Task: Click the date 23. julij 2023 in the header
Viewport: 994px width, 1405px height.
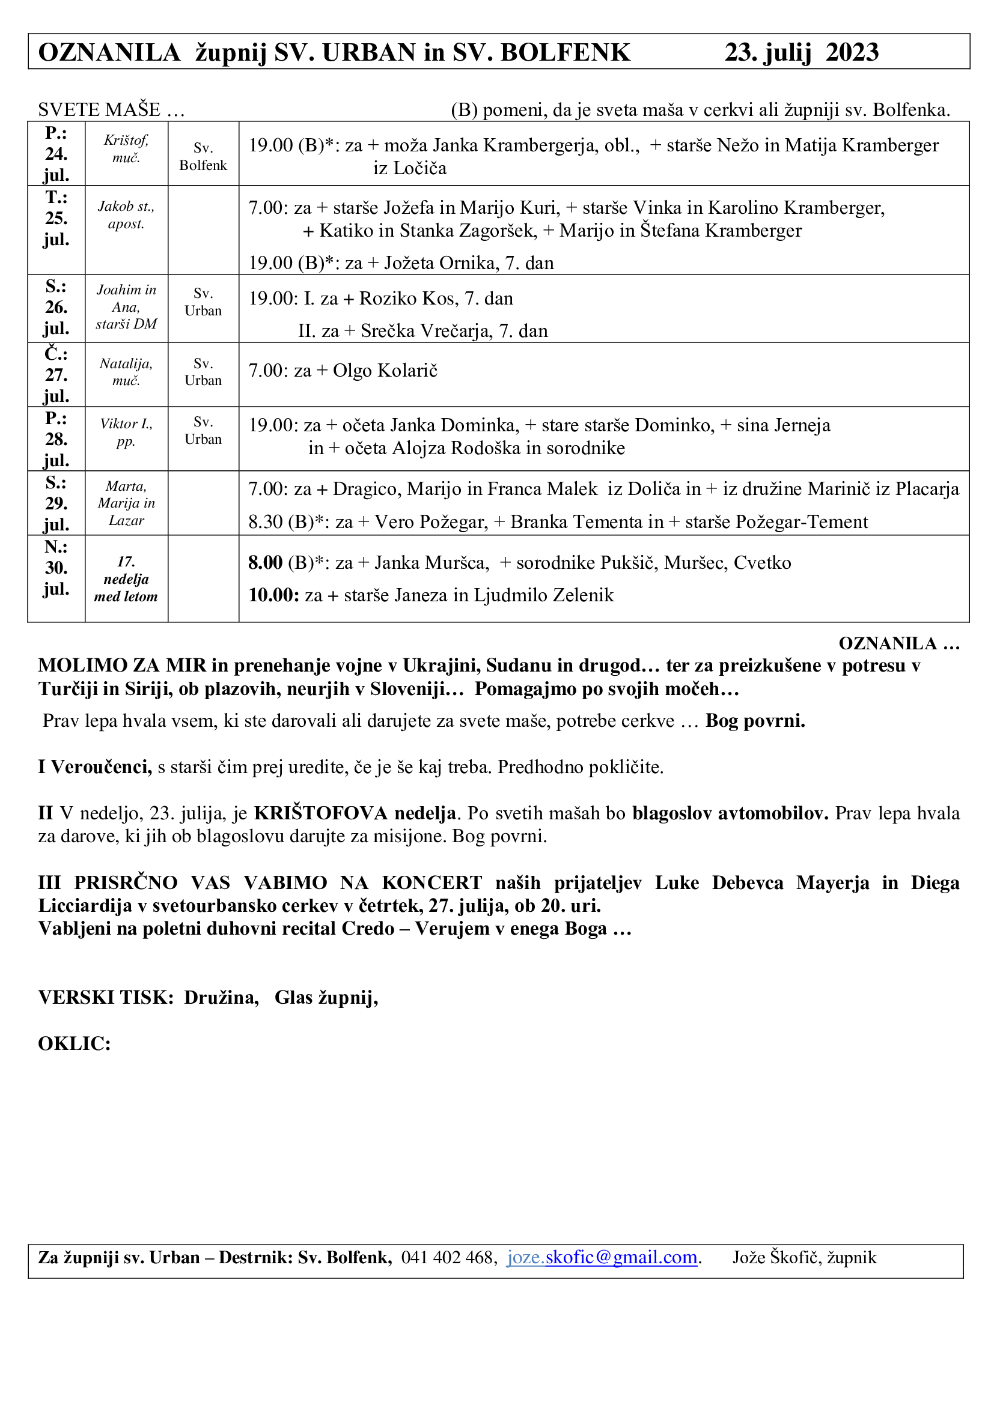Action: click(801, 53)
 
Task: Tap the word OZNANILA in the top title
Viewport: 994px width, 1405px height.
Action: click(109, 53)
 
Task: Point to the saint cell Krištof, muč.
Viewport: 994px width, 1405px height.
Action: click(126, 149)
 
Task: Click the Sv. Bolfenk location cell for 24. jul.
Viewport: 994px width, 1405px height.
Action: click(203, 157)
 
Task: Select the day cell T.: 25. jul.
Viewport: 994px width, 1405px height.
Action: click(56, 219)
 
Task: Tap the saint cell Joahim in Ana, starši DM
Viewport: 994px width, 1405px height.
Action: click(126, 306)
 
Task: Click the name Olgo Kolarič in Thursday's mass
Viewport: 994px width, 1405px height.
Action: click(385, 371)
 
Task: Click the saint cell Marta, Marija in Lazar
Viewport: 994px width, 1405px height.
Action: click(126, 503)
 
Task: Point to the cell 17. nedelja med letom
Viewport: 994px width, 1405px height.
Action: click(126, 579)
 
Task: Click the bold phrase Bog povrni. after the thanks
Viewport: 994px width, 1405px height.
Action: click(755, 721)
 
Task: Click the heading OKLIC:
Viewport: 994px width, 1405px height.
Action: click(74, 1043)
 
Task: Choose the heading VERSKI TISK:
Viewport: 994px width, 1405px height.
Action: click(106, 998)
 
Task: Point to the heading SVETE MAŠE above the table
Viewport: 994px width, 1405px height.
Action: click(99, 110)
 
